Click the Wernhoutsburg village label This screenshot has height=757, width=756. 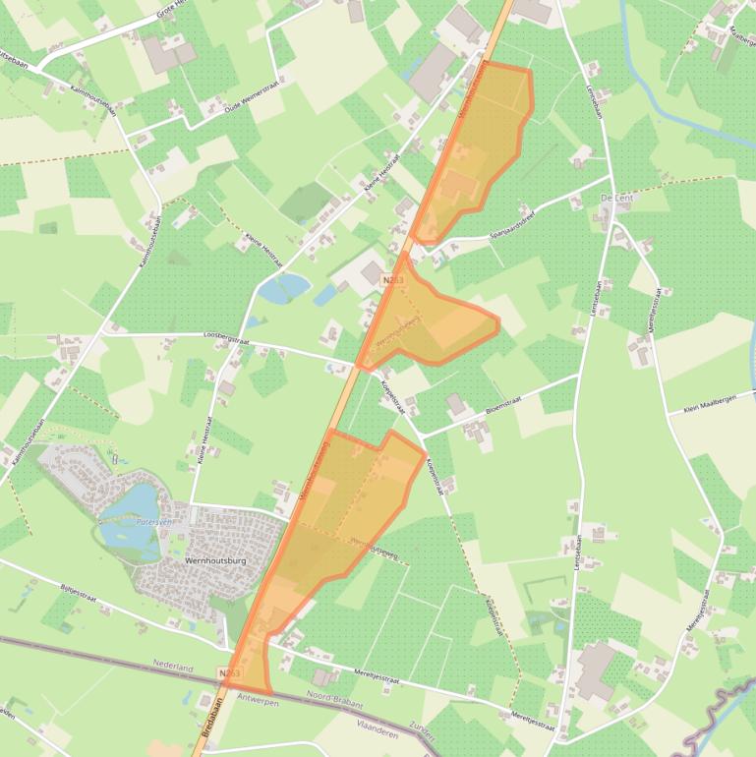(x=215, y=560)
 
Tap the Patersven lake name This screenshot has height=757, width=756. (x=153, y=522)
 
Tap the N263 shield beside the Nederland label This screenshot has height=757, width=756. (x=230, y=673)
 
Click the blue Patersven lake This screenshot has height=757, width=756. (x=133, y=503)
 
